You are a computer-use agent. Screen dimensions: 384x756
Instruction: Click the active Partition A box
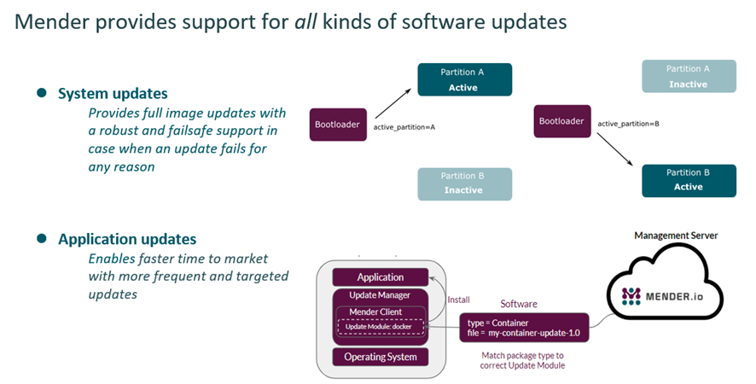click(x=464, y=79)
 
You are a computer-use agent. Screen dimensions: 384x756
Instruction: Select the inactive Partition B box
click(x=464, y=183)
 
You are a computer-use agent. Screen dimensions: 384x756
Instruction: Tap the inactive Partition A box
click(x=688, y=77)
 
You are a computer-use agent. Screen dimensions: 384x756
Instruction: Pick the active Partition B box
click(x=688, y=180)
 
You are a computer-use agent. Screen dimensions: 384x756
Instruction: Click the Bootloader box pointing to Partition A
click(x=336, y=124)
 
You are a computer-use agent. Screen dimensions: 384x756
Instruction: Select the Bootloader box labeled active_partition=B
click(x=562, y=121)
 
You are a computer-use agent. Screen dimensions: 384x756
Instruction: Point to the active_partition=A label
click(x=404, y=127)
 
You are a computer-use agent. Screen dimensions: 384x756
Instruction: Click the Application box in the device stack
click(x=381, y=277)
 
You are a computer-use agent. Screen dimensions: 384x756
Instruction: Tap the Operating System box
click(x=381, y=357)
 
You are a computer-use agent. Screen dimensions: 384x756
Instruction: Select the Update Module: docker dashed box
click(x=381, y=327)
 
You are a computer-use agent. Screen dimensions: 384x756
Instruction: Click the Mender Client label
click(x=381, y=312)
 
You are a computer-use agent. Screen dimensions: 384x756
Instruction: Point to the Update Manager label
click(x=381, y=295)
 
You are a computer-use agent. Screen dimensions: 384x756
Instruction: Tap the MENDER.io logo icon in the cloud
click(x=631, y=296)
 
